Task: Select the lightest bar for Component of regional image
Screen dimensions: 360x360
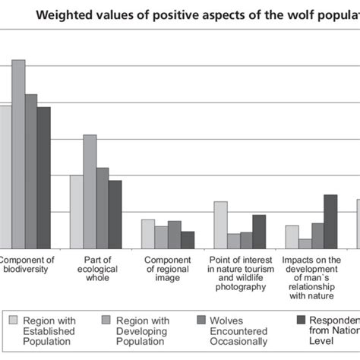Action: point(148,233)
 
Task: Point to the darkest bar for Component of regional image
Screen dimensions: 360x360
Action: point(188,239)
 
